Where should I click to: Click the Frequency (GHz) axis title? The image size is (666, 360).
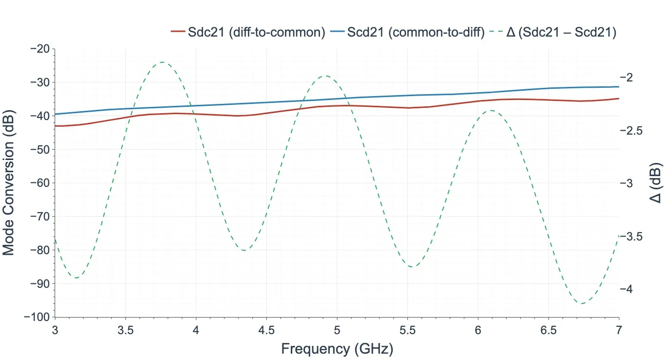(337, 349)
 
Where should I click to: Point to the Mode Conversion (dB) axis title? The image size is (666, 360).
(8, 183)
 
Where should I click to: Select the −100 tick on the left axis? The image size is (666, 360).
(38, 317)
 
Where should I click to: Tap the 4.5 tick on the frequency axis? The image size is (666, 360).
(266, 330)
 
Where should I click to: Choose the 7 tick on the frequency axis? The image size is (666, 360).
(619, 330)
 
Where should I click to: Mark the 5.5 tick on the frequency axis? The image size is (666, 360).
(407, 330)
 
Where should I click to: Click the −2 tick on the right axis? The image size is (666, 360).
(630, 78)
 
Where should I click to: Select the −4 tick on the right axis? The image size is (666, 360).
(630, 289)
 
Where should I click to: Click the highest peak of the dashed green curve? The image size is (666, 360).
(161, 62)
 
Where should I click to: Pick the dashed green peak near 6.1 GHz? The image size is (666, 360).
(491, 110)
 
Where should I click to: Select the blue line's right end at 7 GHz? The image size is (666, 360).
(618, 87)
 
